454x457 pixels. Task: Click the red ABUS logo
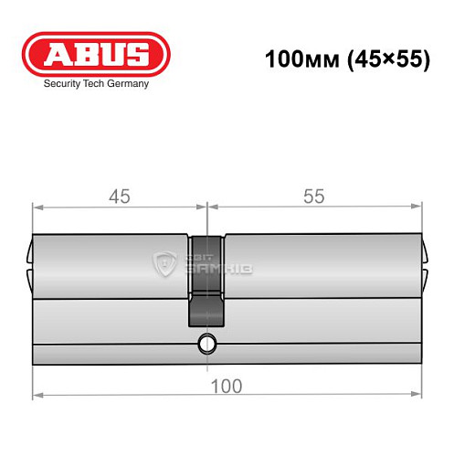[97, 55]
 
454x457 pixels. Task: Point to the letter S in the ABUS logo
[140, 56]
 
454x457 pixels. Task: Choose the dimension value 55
[314, 196]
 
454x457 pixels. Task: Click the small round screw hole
[206, 345]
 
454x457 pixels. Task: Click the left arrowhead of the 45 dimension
[37, 207]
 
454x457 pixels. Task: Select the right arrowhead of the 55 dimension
[419, 207]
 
